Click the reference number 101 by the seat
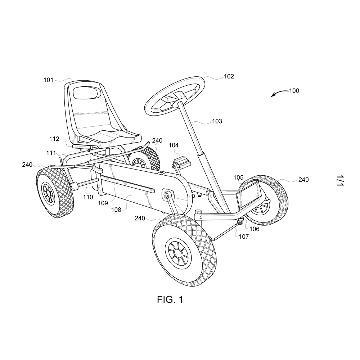click(x=49, y=80)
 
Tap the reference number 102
click(x=229, y=76)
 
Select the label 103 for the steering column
click(x=217, y=121)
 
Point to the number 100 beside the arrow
click(x=294, y=91)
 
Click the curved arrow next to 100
click(x=279, y=93)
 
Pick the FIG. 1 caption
click(x=170, y=300)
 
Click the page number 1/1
click(x=340, y=180)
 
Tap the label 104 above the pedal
click(x=174, y=145)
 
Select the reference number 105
click(x=239, y=177)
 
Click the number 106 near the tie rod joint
click(x=255, y=229)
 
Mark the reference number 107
click(x=244, y=237)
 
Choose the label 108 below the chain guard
click(x=116, y=210)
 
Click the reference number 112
click(x=54, y=139)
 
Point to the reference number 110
click(x=88, y=197)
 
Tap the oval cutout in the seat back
click(x=86, y=92)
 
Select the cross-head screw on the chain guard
click(x=166, y=196)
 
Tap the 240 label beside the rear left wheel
click(x=27, y=165)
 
